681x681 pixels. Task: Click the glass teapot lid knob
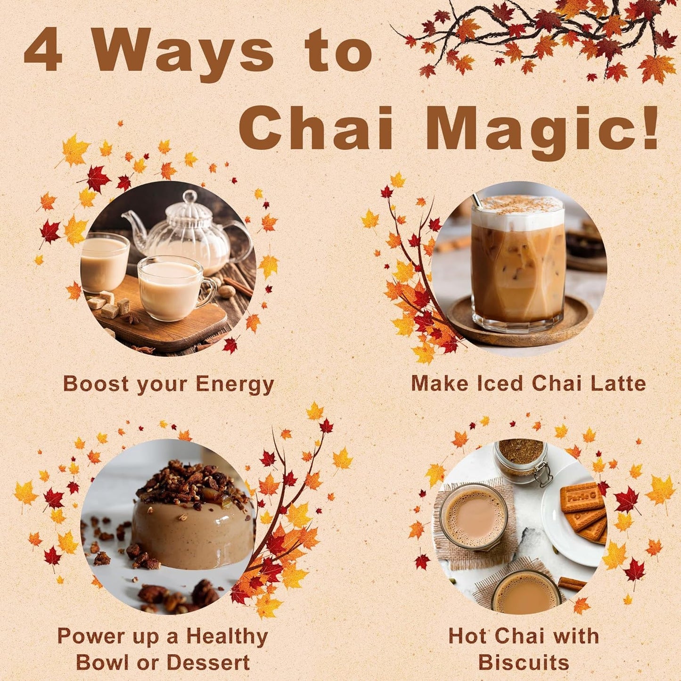[190, 196]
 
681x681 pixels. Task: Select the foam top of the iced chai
[518, 210]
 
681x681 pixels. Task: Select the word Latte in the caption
[616, 383]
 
